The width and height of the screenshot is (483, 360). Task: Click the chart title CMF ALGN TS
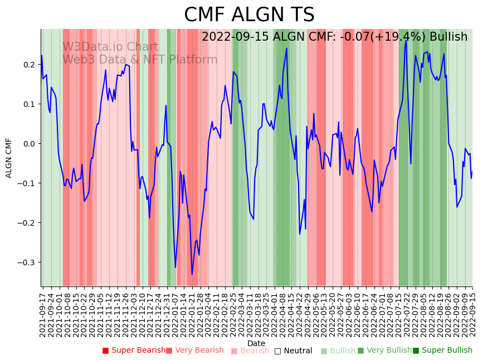tap(249, 15)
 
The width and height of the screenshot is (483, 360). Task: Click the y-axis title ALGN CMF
tap(9, 158)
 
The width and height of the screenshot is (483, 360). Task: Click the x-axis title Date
tap(256, 343)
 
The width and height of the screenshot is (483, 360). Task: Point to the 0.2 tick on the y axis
tap(30, 65)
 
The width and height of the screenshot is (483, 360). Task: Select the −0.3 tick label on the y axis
tap(26, 262)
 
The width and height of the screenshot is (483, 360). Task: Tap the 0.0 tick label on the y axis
tap(30, 144)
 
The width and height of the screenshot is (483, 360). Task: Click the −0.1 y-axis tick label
tap(26, 183)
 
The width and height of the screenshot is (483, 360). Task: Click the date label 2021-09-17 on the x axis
tap(42, 312)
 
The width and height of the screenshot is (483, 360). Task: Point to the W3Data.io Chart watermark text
tap(110, 47)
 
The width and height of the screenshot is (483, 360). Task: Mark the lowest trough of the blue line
tap(192, 274)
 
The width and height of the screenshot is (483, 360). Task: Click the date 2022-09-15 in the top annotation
tap(235, 37)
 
